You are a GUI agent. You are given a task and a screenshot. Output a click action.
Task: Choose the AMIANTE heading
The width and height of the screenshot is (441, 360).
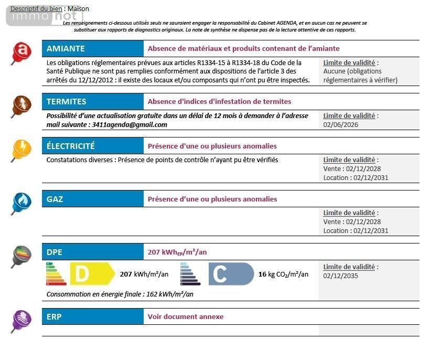[x=66, y=49]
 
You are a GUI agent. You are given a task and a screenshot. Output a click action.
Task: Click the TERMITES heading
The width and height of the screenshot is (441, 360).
[x=67, y=101]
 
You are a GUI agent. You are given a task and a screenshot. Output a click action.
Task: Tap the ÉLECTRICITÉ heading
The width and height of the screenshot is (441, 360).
[x=71, y=146]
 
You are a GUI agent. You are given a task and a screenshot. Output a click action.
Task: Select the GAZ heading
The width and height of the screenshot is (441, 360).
[x=55, y=199]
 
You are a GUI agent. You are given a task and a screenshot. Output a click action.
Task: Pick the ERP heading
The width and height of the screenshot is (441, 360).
[x=54, y=316]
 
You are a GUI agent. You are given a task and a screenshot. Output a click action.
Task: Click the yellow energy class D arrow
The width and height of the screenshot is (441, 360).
[x=92, y=274]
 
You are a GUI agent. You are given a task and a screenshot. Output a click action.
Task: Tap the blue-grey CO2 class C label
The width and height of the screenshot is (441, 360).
[x=231, y=274]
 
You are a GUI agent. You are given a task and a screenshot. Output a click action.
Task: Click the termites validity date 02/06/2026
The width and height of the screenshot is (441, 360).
[x=341, y=125]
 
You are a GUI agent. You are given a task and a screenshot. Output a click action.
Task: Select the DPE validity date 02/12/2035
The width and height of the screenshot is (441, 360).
[x=341, y=276]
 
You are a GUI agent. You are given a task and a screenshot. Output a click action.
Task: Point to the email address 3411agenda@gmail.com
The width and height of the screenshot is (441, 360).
[x=130, y=125]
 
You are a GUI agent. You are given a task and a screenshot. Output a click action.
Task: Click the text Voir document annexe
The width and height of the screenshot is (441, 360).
[x=186, y=316]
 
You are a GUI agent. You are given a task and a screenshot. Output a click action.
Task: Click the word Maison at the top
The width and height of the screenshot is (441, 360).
[x=78, y=9]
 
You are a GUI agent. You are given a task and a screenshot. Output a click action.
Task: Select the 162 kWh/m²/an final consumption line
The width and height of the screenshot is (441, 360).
[x=120, y=294]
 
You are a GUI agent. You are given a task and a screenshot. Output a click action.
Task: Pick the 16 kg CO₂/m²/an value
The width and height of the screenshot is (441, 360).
[x=283, y=274]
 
